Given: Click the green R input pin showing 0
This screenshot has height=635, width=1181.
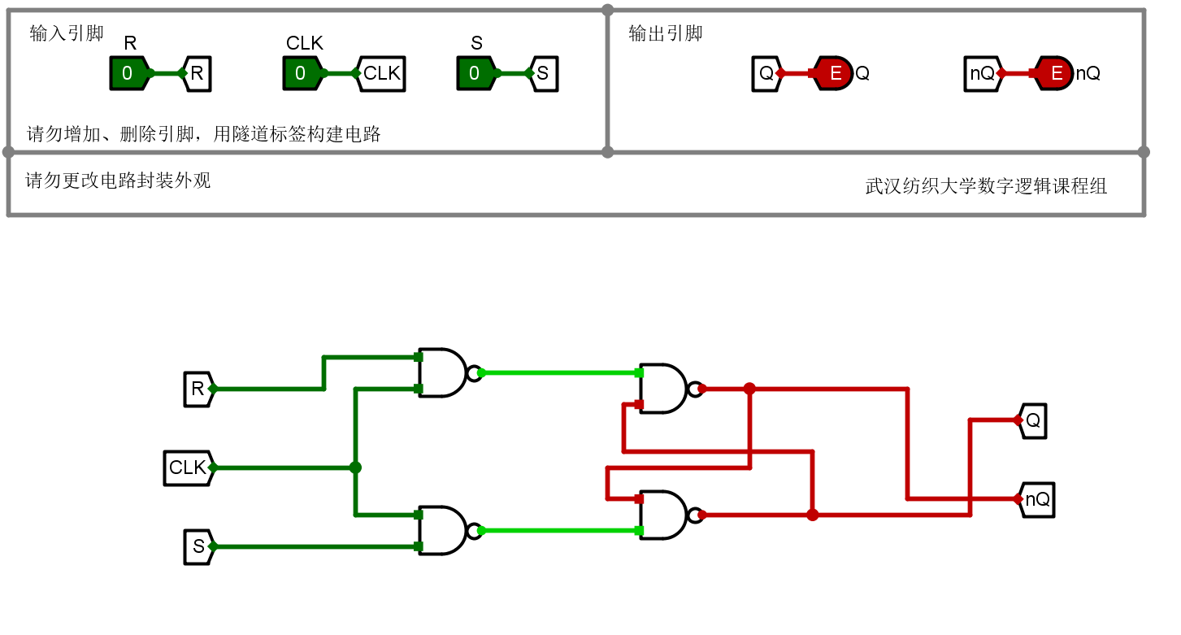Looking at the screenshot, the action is [x=128, y=73].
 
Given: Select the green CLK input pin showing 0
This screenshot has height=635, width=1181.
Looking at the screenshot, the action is [x=302, y=73].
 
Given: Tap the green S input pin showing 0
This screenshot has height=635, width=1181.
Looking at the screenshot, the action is [x=476, y=73].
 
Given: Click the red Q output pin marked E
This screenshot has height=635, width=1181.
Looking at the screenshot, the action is [x=832, y=73].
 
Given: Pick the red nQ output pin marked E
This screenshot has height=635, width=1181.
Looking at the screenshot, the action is [x=1053, y=73].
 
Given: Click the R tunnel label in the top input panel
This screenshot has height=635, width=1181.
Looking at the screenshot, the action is [x=197, y=74].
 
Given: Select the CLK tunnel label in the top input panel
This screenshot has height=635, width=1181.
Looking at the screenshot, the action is [x=380, y=74].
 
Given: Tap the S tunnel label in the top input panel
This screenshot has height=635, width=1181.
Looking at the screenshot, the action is [x=544, y=74].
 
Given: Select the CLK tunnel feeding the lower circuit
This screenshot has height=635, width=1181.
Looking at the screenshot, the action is [x=189, y=468].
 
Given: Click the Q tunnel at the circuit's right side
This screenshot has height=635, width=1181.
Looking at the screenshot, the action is [x=1032, y=421].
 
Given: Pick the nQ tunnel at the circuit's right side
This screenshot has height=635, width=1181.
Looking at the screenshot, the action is [x=1036, y=499].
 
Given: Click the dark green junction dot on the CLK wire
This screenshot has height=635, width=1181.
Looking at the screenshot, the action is [x=355, y=468].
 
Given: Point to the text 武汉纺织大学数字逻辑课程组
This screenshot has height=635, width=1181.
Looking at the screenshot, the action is [x=986, y=186].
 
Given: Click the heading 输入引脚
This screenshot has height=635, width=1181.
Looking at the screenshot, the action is [x=67, y=33].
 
